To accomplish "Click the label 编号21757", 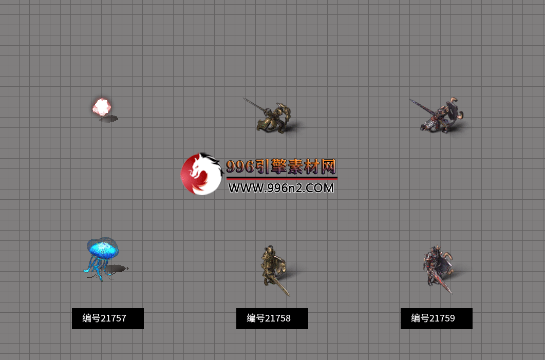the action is pyautogui.click(x=107, y=318).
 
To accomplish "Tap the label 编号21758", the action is pyautogui.click(x=272, y=318).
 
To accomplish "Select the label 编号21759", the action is pyautogui.click(x=436, y=318).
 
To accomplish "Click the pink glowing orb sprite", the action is pyautogui.click(x=102, y=107).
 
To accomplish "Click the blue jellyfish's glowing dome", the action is pyautogui.click(x=103, y=249).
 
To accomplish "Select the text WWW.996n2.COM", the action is pyautogui.click(x=281, y=188).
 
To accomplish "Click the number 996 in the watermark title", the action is pyautogui.click(x=240, y=166).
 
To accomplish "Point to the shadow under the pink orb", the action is pyautogui.click(x=108, y=119).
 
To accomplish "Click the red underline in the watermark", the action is pyautogui.click(x=281, y=178).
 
